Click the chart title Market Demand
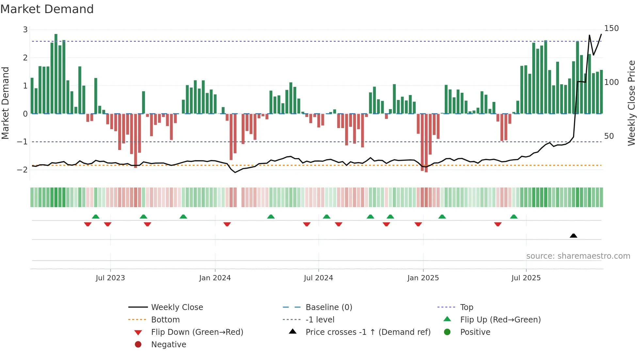(47, 9)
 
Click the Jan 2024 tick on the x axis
(215, 278)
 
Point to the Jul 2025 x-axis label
(526, 278)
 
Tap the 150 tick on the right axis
(611, 28)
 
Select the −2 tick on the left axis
(23, 170)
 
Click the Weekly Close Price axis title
(632, 103)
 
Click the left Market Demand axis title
(6, 103)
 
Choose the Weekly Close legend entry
(177, 307)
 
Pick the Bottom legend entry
(165, 319)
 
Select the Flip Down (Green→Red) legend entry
(197, 332)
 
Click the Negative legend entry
(168, 344)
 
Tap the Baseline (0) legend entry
(328, 307)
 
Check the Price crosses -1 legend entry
(368, 332)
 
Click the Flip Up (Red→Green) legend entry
(500, 319)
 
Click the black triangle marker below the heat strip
(573, 236)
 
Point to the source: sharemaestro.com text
(578, 256)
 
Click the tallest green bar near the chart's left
(56, 74)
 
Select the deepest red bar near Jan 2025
(426, 143)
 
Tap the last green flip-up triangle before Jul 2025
(514, 217)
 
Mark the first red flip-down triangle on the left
(88, 224)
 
